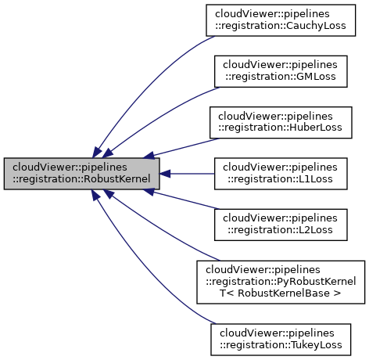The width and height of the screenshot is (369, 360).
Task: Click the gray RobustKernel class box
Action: pyautogui.click(x=82, y=174)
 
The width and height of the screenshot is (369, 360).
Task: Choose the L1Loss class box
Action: pyautogui.click(x=281, y=174)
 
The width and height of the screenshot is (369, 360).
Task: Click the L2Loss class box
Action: pyautogui.click(x=281, y=224)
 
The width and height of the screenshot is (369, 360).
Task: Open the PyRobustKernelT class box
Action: pyautogui.click(x=281, y=280)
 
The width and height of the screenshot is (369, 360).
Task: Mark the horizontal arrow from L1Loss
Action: pyautogui.click(x=188, y=174)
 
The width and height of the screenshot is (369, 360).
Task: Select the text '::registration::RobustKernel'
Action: pyautogui.click(x=82, y=180)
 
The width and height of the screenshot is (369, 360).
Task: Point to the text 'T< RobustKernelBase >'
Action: pyautogui.click(x=281, y=293)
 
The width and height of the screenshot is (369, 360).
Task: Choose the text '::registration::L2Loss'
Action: pyautogui.click(x=281, y=230)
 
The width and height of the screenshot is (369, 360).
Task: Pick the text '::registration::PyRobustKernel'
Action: pyautogui.click(x=281, y=280)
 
